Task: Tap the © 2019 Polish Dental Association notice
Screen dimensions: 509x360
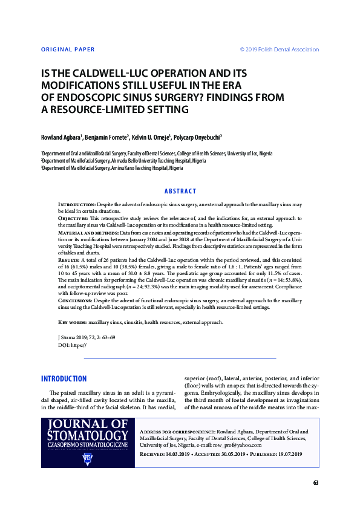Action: coord(280,49)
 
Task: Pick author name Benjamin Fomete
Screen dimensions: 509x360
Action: coord(105,137)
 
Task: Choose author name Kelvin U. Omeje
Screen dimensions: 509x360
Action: coord(151,137)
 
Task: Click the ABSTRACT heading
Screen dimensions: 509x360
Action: coord(180,191)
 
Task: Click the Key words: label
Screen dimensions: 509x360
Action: coord(72,323)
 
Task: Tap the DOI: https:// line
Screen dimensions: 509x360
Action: coord(72,345)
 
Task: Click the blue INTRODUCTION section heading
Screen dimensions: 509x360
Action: coord(64,379)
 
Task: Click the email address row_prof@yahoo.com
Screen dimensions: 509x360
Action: coord(238,444)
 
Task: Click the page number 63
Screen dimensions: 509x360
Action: coord(315,482)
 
